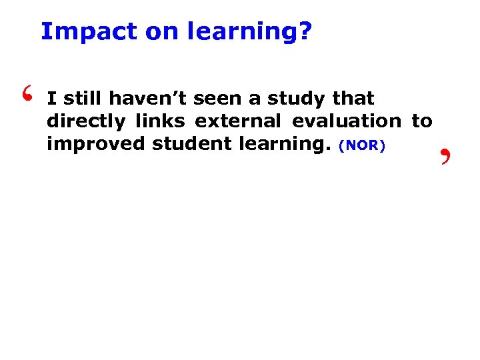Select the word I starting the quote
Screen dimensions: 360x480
click(51, 99)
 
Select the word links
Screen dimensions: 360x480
click(160, 122)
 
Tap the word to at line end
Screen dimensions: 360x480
click(422, 122)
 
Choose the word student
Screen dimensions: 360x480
click(188, 145)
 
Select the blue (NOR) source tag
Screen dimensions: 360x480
click(362, 146)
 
